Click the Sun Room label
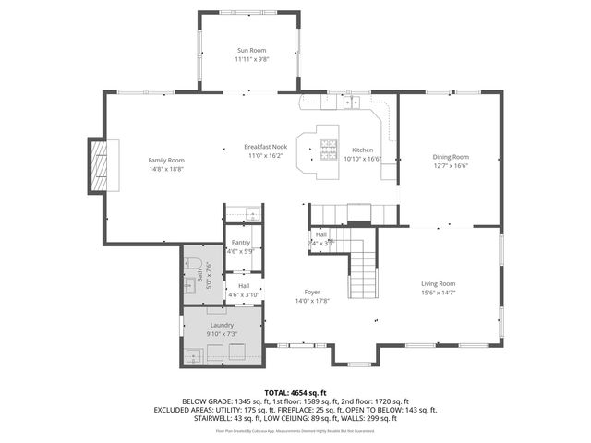point(251,50)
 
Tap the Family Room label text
point(166,161)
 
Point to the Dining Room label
point(451,157)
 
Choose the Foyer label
point(313,292)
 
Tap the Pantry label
point(241,242)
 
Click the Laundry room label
point(222,325)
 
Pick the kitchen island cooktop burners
point(330,148)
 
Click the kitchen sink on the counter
point(353,102)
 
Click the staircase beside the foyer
point(363,263)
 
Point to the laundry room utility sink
point(197,353)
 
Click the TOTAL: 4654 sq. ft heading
point(295,393)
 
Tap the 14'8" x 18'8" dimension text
point(166,170)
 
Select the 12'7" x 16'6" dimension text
point(451,166)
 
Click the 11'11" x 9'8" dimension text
point(251,59)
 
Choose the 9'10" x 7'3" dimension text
point(222,334)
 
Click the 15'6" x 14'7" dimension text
point(439,293)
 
